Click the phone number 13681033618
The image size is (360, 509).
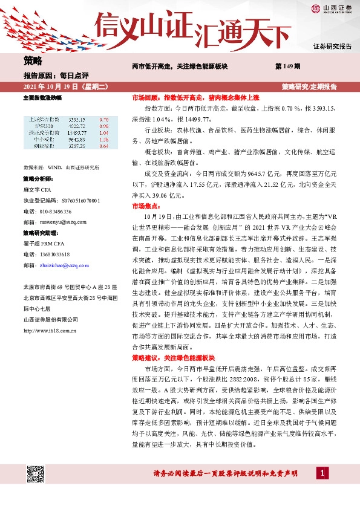coord(53,254)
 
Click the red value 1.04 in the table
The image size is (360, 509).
coord(103,133)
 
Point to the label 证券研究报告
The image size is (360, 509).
coord(332,46)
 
